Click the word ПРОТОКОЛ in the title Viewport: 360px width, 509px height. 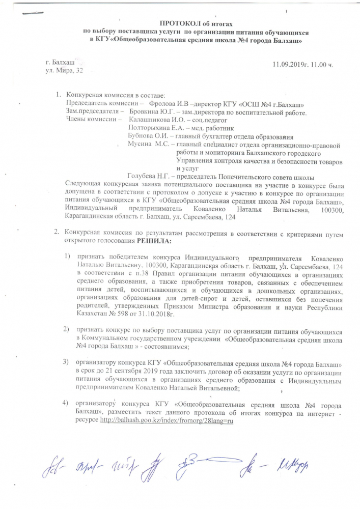[178, 24]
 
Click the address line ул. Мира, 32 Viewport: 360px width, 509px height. [64, 70]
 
